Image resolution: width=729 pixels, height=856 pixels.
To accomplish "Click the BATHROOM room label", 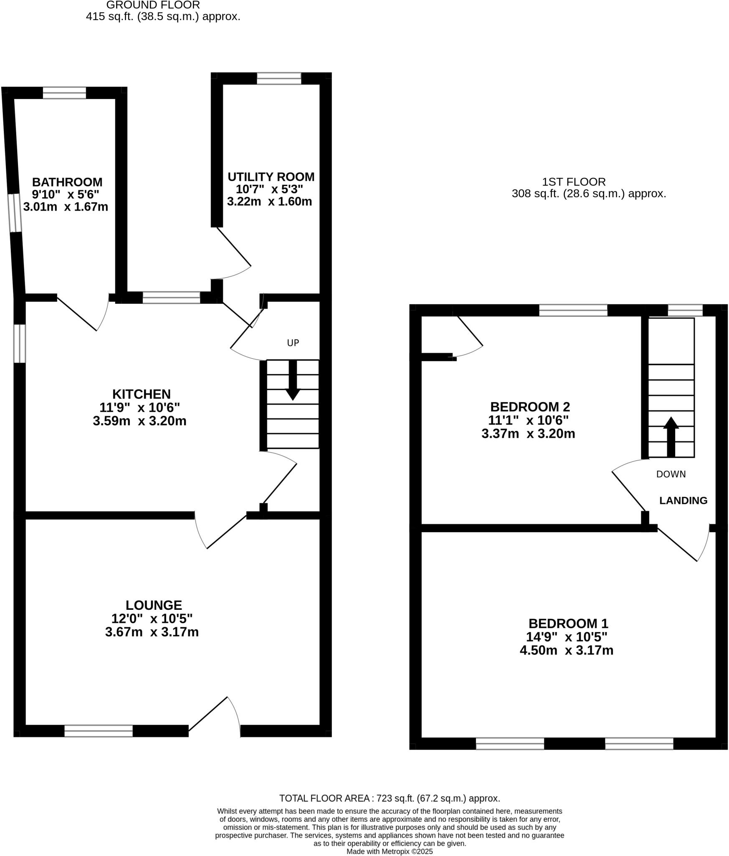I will (67, 182).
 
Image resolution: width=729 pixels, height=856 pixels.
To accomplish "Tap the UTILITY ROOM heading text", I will (271, 177).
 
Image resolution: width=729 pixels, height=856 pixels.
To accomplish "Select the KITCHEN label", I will (141, 394).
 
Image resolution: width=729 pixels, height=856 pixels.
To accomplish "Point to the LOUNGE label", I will (154, 605).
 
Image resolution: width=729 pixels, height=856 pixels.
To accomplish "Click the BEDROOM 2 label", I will (529, 407).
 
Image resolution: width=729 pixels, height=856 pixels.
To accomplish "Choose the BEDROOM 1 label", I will (568, 624).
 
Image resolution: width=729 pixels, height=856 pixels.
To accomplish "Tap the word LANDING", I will (683, 500).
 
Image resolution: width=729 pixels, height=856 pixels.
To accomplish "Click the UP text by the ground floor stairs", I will (293, 343).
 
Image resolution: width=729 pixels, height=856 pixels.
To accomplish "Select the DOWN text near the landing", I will (671, 474).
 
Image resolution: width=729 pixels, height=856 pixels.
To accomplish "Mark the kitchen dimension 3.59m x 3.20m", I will (139, 421).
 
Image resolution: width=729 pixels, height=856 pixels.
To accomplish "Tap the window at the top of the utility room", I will (278, 78).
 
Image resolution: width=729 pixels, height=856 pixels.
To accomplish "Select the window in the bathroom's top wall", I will (64, 93).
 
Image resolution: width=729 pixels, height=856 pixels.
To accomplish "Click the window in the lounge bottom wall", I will (98, 731).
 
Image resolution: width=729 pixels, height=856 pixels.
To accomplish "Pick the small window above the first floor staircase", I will (685, 310).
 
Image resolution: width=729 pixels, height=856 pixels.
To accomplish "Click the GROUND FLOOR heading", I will (153, 5).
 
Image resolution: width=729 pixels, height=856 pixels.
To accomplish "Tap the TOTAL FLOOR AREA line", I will (389, 798).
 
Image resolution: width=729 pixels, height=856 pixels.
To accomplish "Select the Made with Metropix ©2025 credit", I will (390, 851).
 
